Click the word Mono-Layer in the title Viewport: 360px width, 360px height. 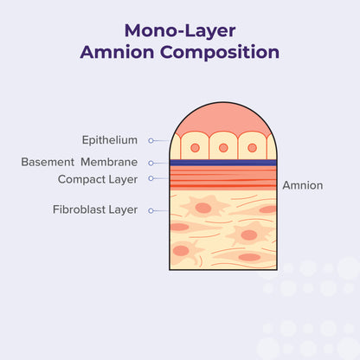(180, 31)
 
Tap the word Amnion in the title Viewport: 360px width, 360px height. (114, 52)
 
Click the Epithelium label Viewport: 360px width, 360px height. (109, 139)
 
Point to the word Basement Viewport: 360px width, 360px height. (48, 162)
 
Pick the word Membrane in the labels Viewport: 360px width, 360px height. (109, 162)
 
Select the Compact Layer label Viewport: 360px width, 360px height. (97, 179)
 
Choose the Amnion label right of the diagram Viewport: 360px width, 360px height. (303, 185)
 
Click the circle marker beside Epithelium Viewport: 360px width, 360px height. (151, 140)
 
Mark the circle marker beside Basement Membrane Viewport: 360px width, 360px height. (151, 162)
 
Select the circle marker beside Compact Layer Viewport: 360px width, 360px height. (151, 179)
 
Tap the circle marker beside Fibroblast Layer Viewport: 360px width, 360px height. (151, 209)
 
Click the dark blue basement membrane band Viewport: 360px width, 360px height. (222, 162)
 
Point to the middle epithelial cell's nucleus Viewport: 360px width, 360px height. (222, 148)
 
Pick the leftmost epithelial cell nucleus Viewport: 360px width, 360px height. (194, 148)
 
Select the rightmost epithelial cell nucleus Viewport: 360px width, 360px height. (252, 148)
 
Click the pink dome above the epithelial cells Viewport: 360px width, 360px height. (222, 118)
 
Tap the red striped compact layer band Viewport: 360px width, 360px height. (222, 178)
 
